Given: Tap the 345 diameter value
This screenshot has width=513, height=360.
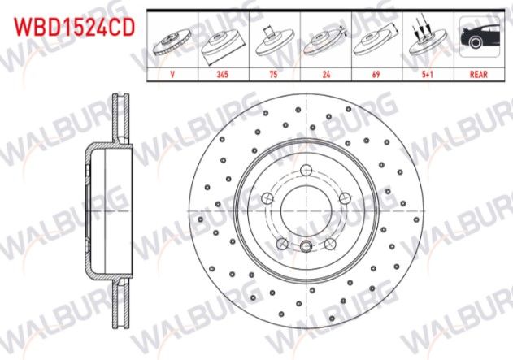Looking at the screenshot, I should (x=221, y=72).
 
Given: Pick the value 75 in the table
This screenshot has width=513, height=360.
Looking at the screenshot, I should (x=272, y=72).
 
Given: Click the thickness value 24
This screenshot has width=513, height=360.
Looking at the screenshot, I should (x=324, y=72).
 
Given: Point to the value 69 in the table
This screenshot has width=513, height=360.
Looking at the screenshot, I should (x=374, y=72).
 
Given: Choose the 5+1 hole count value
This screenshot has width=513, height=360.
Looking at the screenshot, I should (x=425, y=72).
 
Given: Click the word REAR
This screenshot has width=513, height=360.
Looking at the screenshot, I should (x=477, y=72).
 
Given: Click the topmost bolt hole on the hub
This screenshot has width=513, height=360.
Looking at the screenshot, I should (x=306, y=171).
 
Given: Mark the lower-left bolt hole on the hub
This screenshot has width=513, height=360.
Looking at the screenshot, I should (x=281, y=243).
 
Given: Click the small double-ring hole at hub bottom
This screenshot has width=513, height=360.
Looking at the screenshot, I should (x=306, y=249).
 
